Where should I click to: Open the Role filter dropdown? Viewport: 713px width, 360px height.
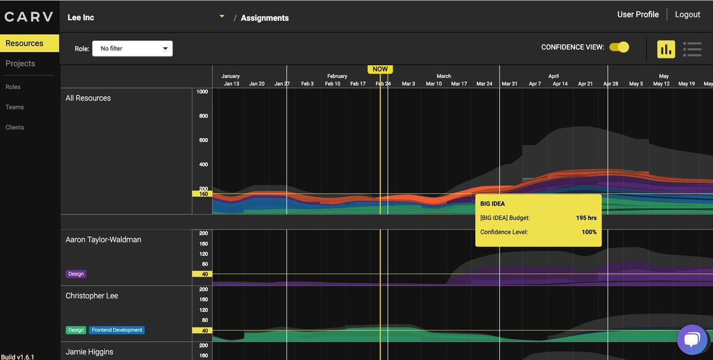tap(132, 49)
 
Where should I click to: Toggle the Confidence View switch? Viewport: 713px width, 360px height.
tap(619, 48)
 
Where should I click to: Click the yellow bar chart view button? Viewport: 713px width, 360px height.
tap(665, 49)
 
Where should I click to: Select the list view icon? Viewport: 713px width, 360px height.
tap(692, 49)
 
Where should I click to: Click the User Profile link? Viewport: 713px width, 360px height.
tap(638, 14)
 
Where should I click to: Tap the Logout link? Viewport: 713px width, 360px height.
tap(687, 14)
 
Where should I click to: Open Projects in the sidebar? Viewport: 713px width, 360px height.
tap(20, 64)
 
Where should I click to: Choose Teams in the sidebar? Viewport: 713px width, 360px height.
tap(15, 107)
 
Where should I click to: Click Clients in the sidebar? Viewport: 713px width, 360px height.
tap(15, 127)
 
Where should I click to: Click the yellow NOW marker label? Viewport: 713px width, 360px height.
tap(380, 69)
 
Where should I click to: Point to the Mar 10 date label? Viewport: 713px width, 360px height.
tap(434, 84)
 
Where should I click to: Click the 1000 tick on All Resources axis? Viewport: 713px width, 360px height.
tap(202, 91)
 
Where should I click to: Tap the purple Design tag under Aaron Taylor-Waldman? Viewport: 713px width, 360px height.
tap(76, 274)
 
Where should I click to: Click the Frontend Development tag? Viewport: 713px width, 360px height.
tap(117, 330)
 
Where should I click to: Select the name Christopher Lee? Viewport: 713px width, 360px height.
tap(92, 296)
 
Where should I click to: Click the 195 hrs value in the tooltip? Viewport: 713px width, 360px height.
tap(586, 218)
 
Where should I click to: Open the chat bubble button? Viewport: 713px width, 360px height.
tap(692, 339)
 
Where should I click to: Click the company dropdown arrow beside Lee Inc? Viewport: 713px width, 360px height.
tap(222, 17)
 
